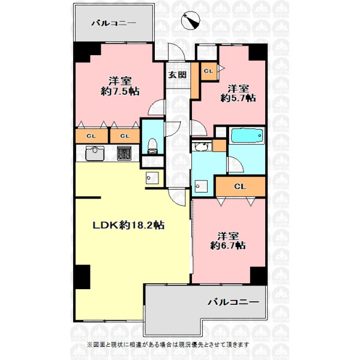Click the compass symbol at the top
click(191, 20)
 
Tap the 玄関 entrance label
click(177, 75)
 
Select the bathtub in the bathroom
click(247, 136)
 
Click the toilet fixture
click(152, 146)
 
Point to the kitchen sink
click(95, 153)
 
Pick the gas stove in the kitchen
click(124, 153)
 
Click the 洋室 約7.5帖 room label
click(120, 86)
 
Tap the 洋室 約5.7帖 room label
click(238, 93)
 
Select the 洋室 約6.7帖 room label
click(228, 241)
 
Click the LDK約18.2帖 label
click(128, 225)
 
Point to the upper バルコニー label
click(114, 23)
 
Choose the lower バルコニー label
click(233, 302)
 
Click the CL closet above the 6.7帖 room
click(241, 187)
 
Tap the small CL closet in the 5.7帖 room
click(209, 71)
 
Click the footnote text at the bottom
click(168, 344)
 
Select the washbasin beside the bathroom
click(202, 146)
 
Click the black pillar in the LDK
click(82, 277)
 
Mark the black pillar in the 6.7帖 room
click(259, 276)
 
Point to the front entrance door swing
click(176, 52)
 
